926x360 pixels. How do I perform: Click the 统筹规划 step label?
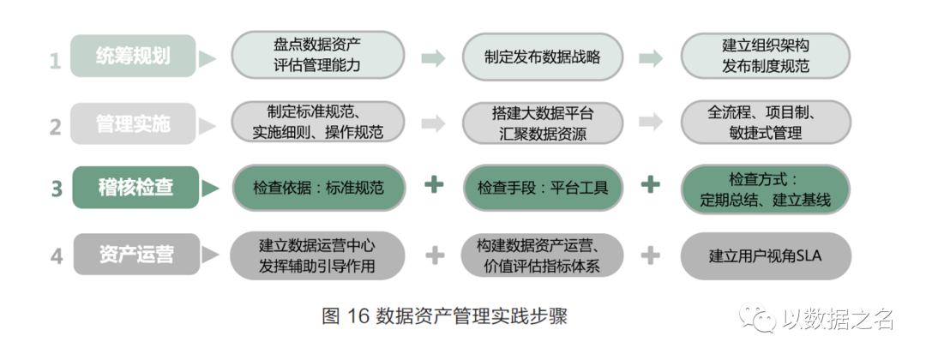click(133, 57)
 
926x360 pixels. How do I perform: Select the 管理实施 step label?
click(133, 124)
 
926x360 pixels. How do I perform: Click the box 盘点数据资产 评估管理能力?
click(317, 57)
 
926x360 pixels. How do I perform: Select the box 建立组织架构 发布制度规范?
click(766, 57)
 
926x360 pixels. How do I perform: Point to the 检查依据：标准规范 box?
click(317, 188)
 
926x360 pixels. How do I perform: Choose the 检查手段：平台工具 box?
click(543, 188)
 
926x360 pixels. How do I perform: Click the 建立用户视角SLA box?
click(766, 255)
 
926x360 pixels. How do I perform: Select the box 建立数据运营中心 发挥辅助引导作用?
click(317, 255)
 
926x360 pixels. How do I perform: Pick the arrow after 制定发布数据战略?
click(652, 57)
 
